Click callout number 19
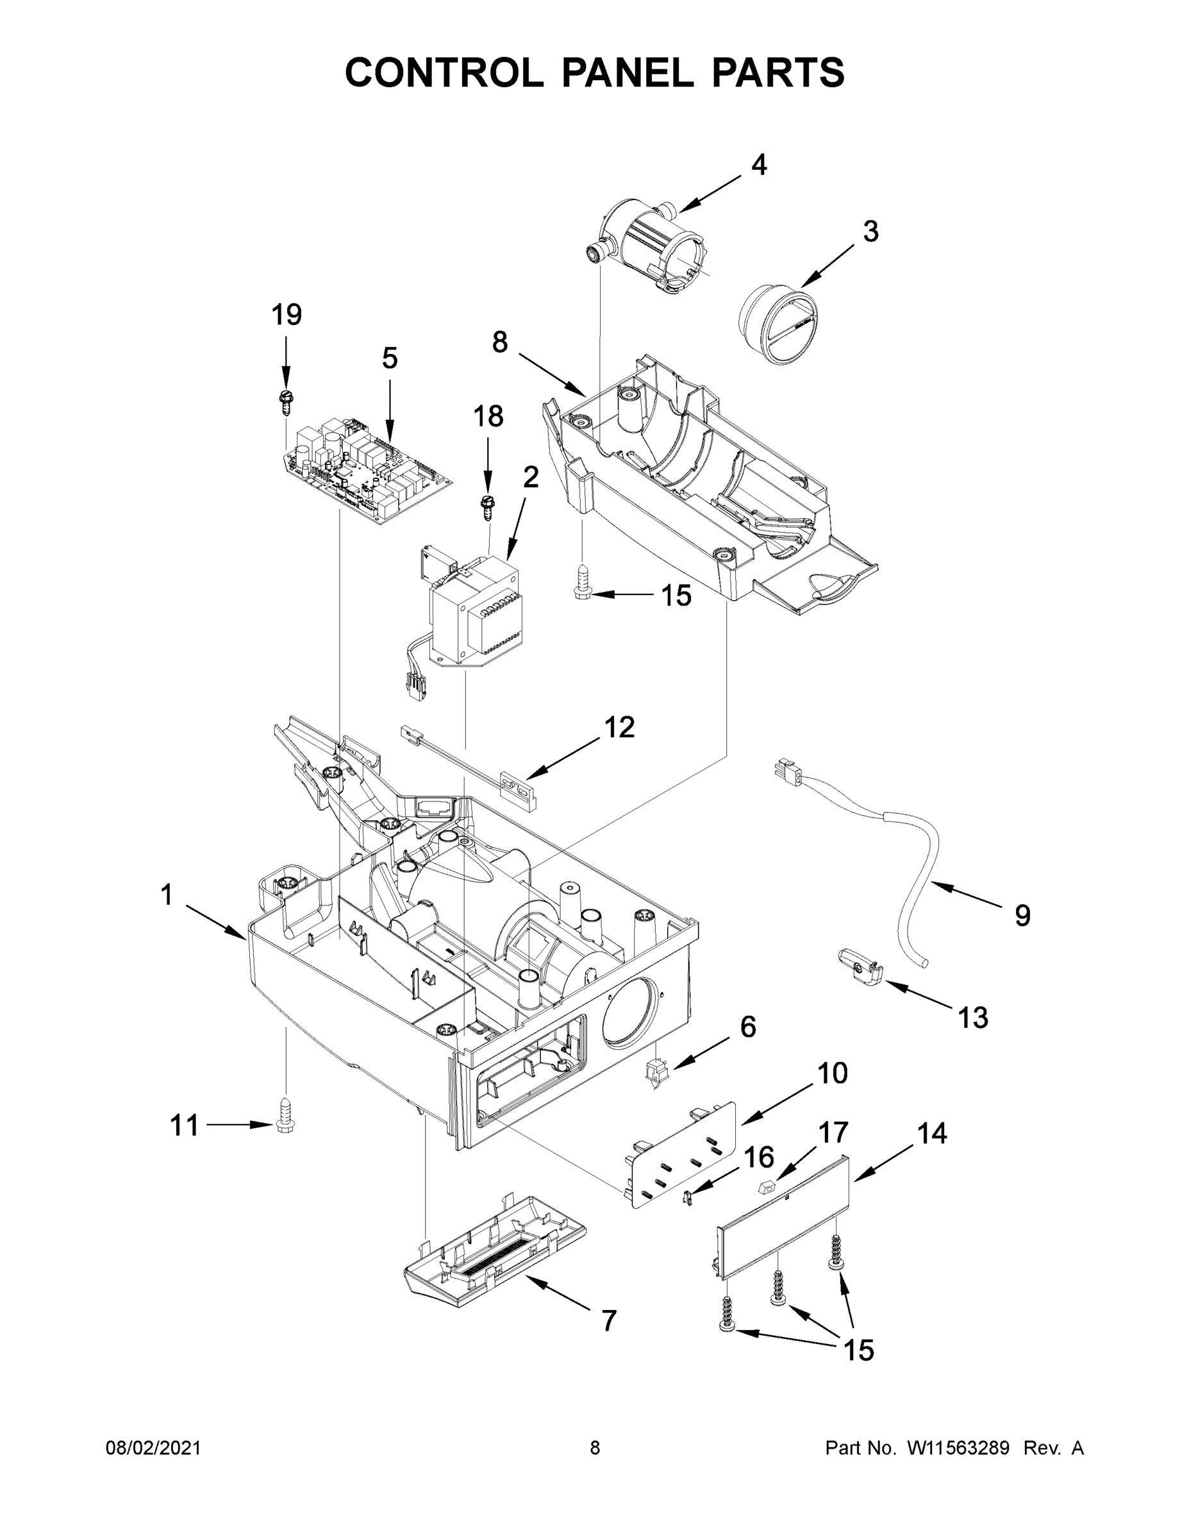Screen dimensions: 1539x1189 (287, 314)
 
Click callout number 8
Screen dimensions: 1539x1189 (499, 342)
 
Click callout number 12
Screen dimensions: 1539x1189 (620, 727)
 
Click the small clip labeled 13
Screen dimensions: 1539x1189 (860, 962)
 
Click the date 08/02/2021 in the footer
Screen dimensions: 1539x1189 (153, 1448)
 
